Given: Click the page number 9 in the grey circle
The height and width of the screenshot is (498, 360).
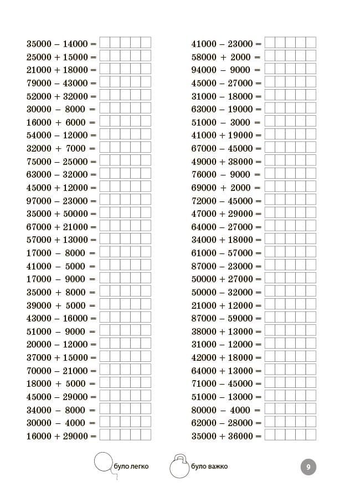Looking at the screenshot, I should pos(308,467).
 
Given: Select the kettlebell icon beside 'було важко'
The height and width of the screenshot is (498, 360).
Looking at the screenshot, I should pos(180,466).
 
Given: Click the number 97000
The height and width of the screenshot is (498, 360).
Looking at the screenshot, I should pos(38,201).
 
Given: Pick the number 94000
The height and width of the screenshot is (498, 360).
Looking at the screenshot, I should pos(203,70).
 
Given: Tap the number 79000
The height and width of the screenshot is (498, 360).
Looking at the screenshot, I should pos(38,83).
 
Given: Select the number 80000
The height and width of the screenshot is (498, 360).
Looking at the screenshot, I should pos(203,410).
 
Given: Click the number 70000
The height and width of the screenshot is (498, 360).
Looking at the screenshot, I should pos(38,371).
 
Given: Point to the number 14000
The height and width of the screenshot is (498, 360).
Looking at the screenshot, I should pos(75,44).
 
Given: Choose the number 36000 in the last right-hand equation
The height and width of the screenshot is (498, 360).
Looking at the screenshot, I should pos(240,436).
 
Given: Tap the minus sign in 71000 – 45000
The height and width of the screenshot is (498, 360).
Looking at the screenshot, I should pos(222,383).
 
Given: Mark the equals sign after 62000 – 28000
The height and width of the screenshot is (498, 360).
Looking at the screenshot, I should pos(258,423).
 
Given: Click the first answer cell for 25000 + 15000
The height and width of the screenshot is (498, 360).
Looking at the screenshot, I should pos(105,56).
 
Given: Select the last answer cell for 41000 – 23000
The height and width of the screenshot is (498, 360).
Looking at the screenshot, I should pos(311,43).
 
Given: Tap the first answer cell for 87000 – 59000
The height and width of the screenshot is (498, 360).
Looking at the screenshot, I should pos(270,318).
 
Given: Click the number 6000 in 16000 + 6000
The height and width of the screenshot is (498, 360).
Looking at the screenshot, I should pos(75,122).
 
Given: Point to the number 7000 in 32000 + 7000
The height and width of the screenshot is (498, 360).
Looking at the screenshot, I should pos(75,148).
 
